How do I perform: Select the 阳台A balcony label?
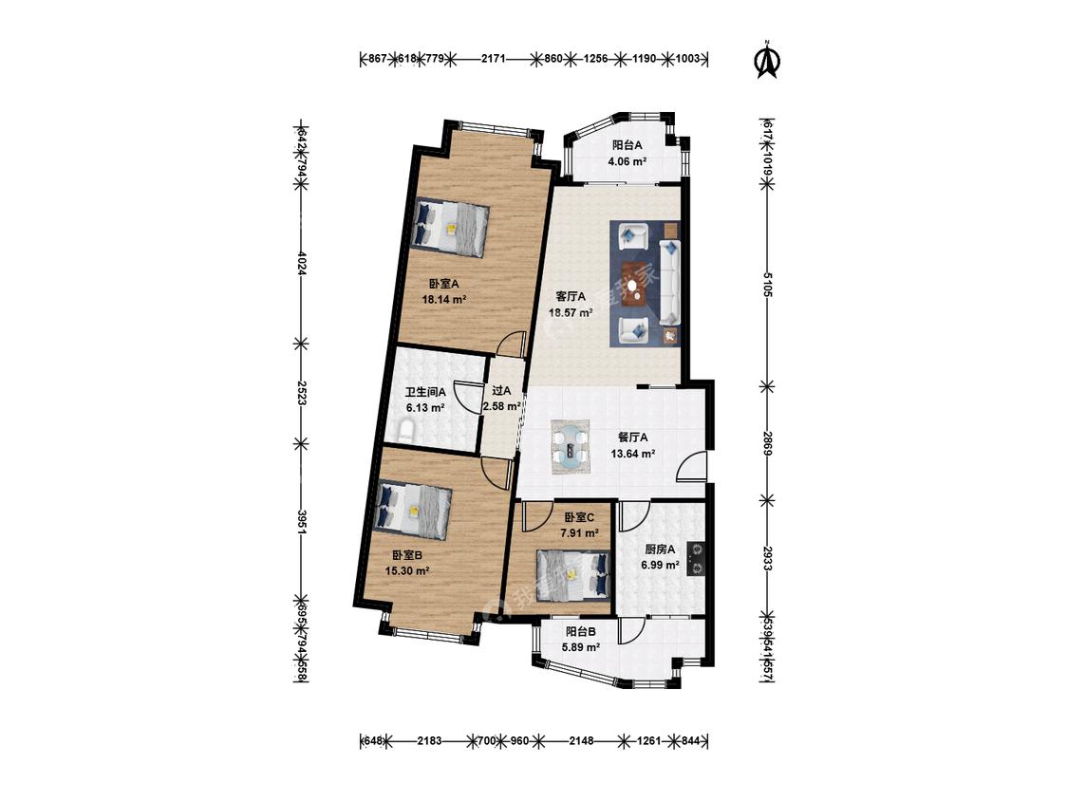627,145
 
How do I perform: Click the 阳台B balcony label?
580,631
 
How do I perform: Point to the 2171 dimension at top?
493,59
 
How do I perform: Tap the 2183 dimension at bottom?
432,741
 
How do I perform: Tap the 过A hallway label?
501,390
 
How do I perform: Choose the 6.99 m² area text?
660,565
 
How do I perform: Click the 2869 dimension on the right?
767,441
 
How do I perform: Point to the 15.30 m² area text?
407,571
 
